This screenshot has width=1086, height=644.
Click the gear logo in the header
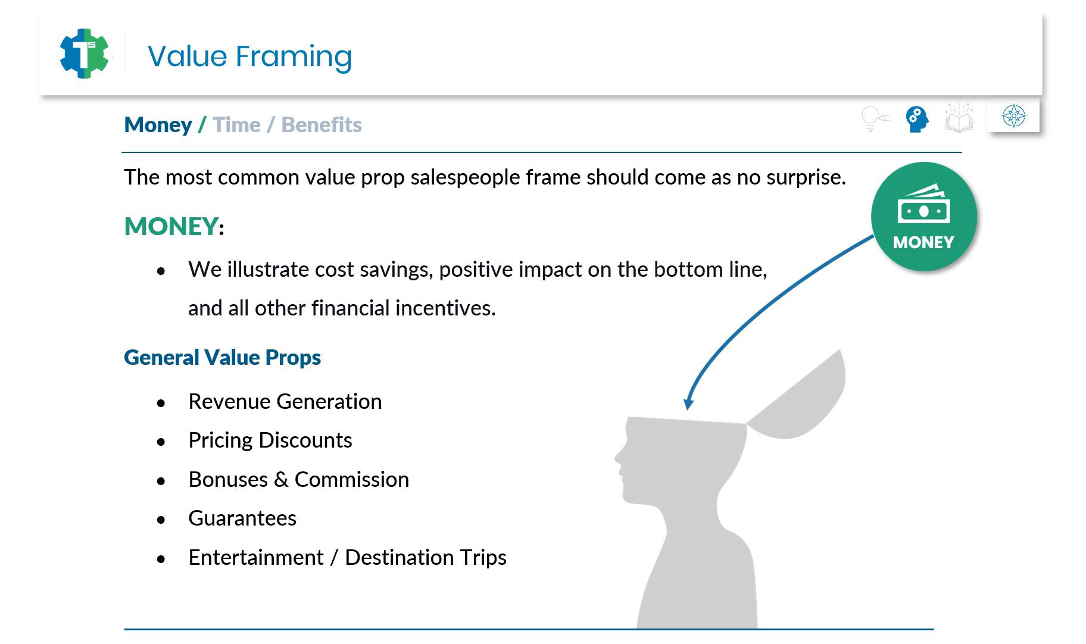tap(85, 54)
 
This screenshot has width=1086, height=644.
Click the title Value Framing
tap(249, 57)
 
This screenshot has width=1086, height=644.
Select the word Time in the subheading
tap(236, 125)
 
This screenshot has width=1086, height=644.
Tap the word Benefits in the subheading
tap(322, 125)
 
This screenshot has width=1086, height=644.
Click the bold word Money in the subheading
tap(158, 125)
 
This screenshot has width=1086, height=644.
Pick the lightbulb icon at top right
tap(874, 118)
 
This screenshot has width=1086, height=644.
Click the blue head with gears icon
tap(917, 119)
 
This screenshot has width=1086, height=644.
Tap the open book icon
tap(959, 118)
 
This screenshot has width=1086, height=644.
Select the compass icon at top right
tap(1013, 116)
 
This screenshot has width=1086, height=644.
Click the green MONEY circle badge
tap(923, 216)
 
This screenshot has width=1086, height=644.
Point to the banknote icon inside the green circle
tap(923, 204)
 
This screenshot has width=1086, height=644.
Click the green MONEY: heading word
tap(171, 227)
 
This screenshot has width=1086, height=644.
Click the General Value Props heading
tap(223, 358)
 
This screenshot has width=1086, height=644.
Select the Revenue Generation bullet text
tap(285, 402)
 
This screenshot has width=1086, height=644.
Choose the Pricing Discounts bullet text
tap(270, 440)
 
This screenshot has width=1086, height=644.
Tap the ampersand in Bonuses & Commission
tap(281, 480)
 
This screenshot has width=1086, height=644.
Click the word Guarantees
tap(242, 518)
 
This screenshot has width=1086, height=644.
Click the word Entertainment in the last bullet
tap(256, 558)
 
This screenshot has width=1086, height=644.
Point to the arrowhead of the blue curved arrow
tap(688, 404)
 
